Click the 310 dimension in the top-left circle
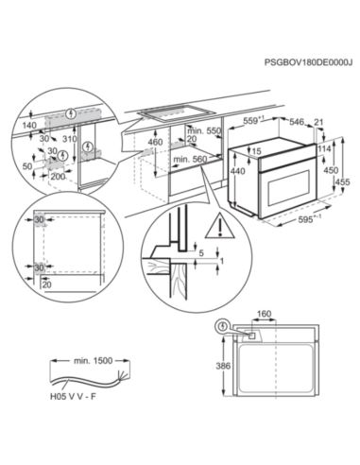(x=68, y=138)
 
